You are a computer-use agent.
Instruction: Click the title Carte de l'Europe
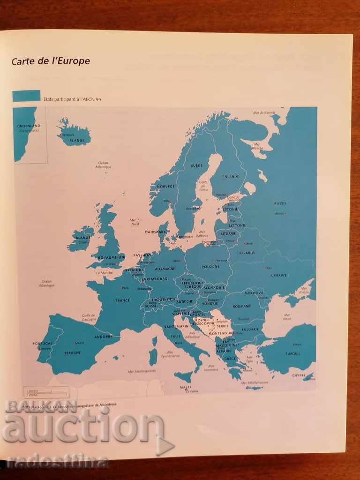[x=51, y=61]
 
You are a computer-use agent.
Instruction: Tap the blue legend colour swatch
[x=26, y=96]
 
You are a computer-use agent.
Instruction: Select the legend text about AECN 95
[x=72, y=99]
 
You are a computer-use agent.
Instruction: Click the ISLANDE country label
[x=76, y=140]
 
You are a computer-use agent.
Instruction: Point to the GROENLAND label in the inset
[x=29, y=126]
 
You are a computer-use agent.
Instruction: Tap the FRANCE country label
[x=122, y=300]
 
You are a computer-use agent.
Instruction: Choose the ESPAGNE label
[x=73, y=352]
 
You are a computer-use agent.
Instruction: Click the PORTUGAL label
[x=43, y=343]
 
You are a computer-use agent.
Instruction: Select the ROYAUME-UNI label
[x=112, y=257]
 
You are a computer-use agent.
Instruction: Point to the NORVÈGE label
[x=165, y=186]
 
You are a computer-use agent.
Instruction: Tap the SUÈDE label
[x=196, y=165]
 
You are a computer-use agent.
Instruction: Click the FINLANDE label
[x=231, y=176]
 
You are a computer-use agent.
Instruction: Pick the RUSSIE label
[x=280, y=203]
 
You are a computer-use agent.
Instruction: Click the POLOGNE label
[x=210, y=267]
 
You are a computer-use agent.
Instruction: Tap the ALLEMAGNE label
[x=165, y=269]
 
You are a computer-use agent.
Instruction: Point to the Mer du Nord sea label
[x=135, y=222]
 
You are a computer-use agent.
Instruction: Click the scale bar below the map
[x=46, y=392]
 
